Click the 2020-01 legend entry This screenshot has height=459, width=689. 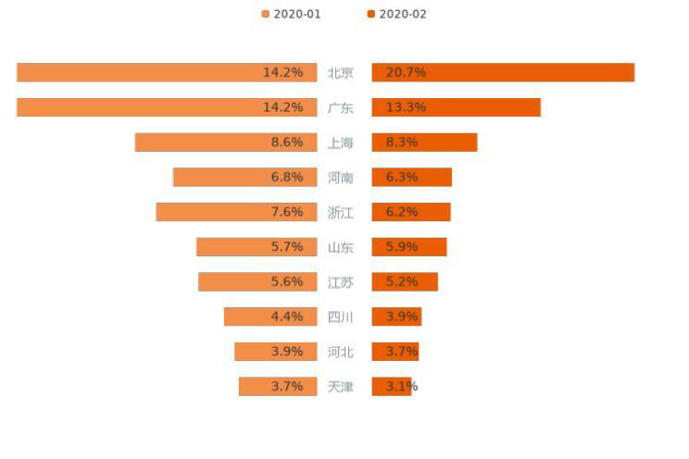pyautogui.click(x=292, y=15)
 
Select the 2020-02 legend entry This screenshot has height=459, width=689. pyautogui.click(x=397, y=15)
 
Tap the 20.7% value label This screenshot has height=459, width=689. pyautogui.click(x=406, y=72)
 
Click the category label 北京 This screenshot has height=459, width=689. pyautogui.click(x=340, y=73)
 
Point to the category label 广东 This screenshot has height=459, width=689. pyautogui.click(x=340, y=107)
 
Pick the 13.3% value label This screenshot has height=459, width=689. pyautogui.click(x=406, y=107)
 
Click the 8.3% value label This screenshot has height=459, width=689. pyautogui.click(x=402, y=143)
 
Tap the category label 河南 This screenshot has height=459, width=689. pyautogui.click(x=340, y=178)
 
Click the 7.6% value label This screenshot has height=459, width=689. pyautogui.click(x=287, y=212)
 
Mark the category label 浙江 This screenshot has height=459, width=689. pyautogui.click(x=340, y=213)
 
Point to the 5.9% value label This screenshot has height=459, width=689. pyautogui.click(x=402, y=247)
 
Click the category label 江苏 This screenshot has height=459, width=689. pyautogui.click(x=340, y=282)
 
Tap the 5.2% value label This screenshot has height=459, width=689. pyautogui.click(x=402, y=282)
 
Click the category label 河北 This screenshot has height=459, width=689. pyautogui.click(x=340, y=352)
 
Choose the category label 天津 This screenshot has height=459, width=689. pyautogui.click(x=340, y=387)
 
